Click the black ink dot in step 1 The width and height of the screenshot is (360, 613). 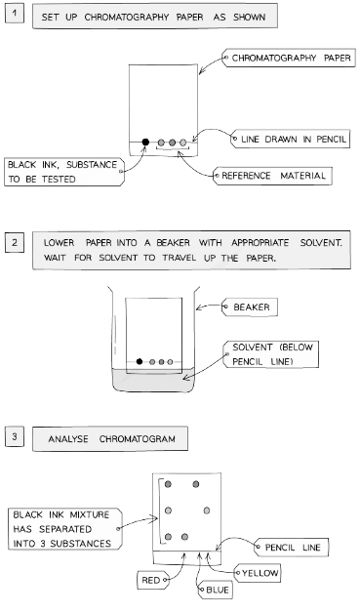[x=145, y=143]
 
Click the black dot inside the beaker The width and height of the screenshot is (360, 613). [x=140, y=361]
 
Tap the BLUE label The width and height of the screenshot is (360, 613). [x=216, y=590]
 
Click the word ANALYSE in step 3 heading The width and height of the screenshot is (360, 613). [x=73, y=439]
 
